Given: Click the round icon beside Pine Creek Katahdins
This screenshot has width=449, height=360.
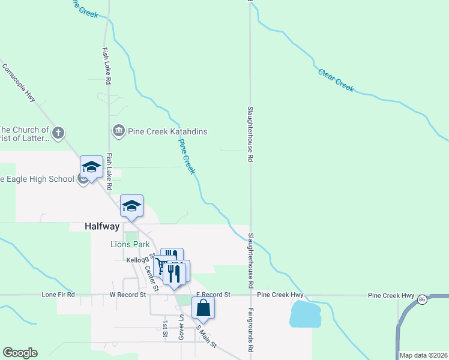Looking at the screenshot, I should pyautogui.click(x=118, y=130).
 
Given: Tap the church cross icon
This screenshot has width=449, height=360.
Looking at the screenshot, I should pyautogui.click(x=58, y=133).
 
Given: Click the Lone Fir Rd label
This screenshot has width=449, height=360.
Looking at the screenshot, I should pyautogui.click(x=58, y=295).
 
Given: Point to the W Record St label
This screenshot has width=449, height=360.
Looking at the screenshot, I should pyautogui.click(x=127, y=295).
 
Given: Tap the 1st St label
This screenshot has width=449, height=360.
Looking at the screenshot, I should pyautogui.click(x=164, y=329).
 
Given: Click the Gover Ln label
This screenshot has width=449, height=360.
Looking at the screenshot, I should pyautogui.click(x=180, y=329).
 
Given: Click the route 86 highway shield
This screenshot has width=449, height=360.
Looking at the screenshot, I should pyautogui.click(x=422, y=298).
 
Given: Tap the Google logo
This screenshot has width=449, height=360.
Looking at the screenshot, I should pyautogui.click(x=20, y=353).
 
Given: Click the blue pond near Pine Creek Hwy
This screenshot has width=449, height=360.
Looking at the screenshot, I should pyautogui.click(x=306, y=314).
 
